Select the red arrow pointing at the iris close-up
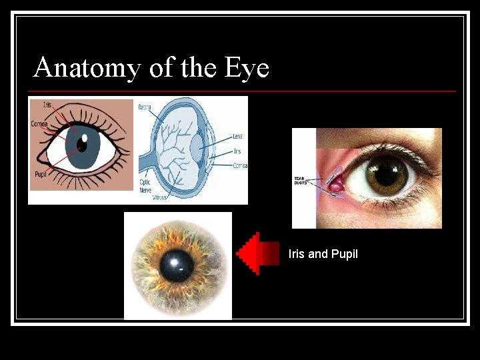tap(259, 254)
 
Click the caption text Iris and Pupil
tap(323, 254)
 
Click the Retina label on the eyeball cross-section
tap(145, 107)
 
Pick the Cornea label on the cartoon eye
tap(39, 124)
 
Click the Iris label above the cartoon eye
tap(47, 105)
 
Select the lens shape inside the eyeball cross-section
tap(197, 147)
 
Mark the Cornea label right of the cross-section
tap(240, 165)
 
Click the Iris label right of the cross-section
tap(237, 151)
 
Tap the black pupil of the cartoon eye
tap(81, 143)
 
